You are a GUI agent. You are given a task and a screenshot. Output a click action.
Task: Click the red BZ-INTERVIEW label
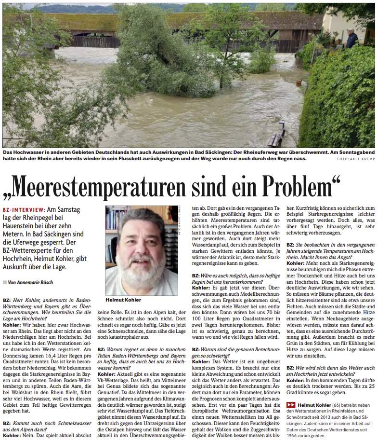tap(23, 210)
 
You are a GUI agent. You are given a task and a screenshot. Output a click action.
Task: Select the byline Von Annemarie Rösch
tap(30, 282)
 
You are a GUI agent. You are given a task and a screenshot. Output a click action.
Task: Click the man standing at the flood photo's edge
tap(352, 38)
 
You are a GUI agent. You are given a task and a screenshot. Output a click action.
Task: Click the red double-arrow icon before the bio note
tap(290, 405)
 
